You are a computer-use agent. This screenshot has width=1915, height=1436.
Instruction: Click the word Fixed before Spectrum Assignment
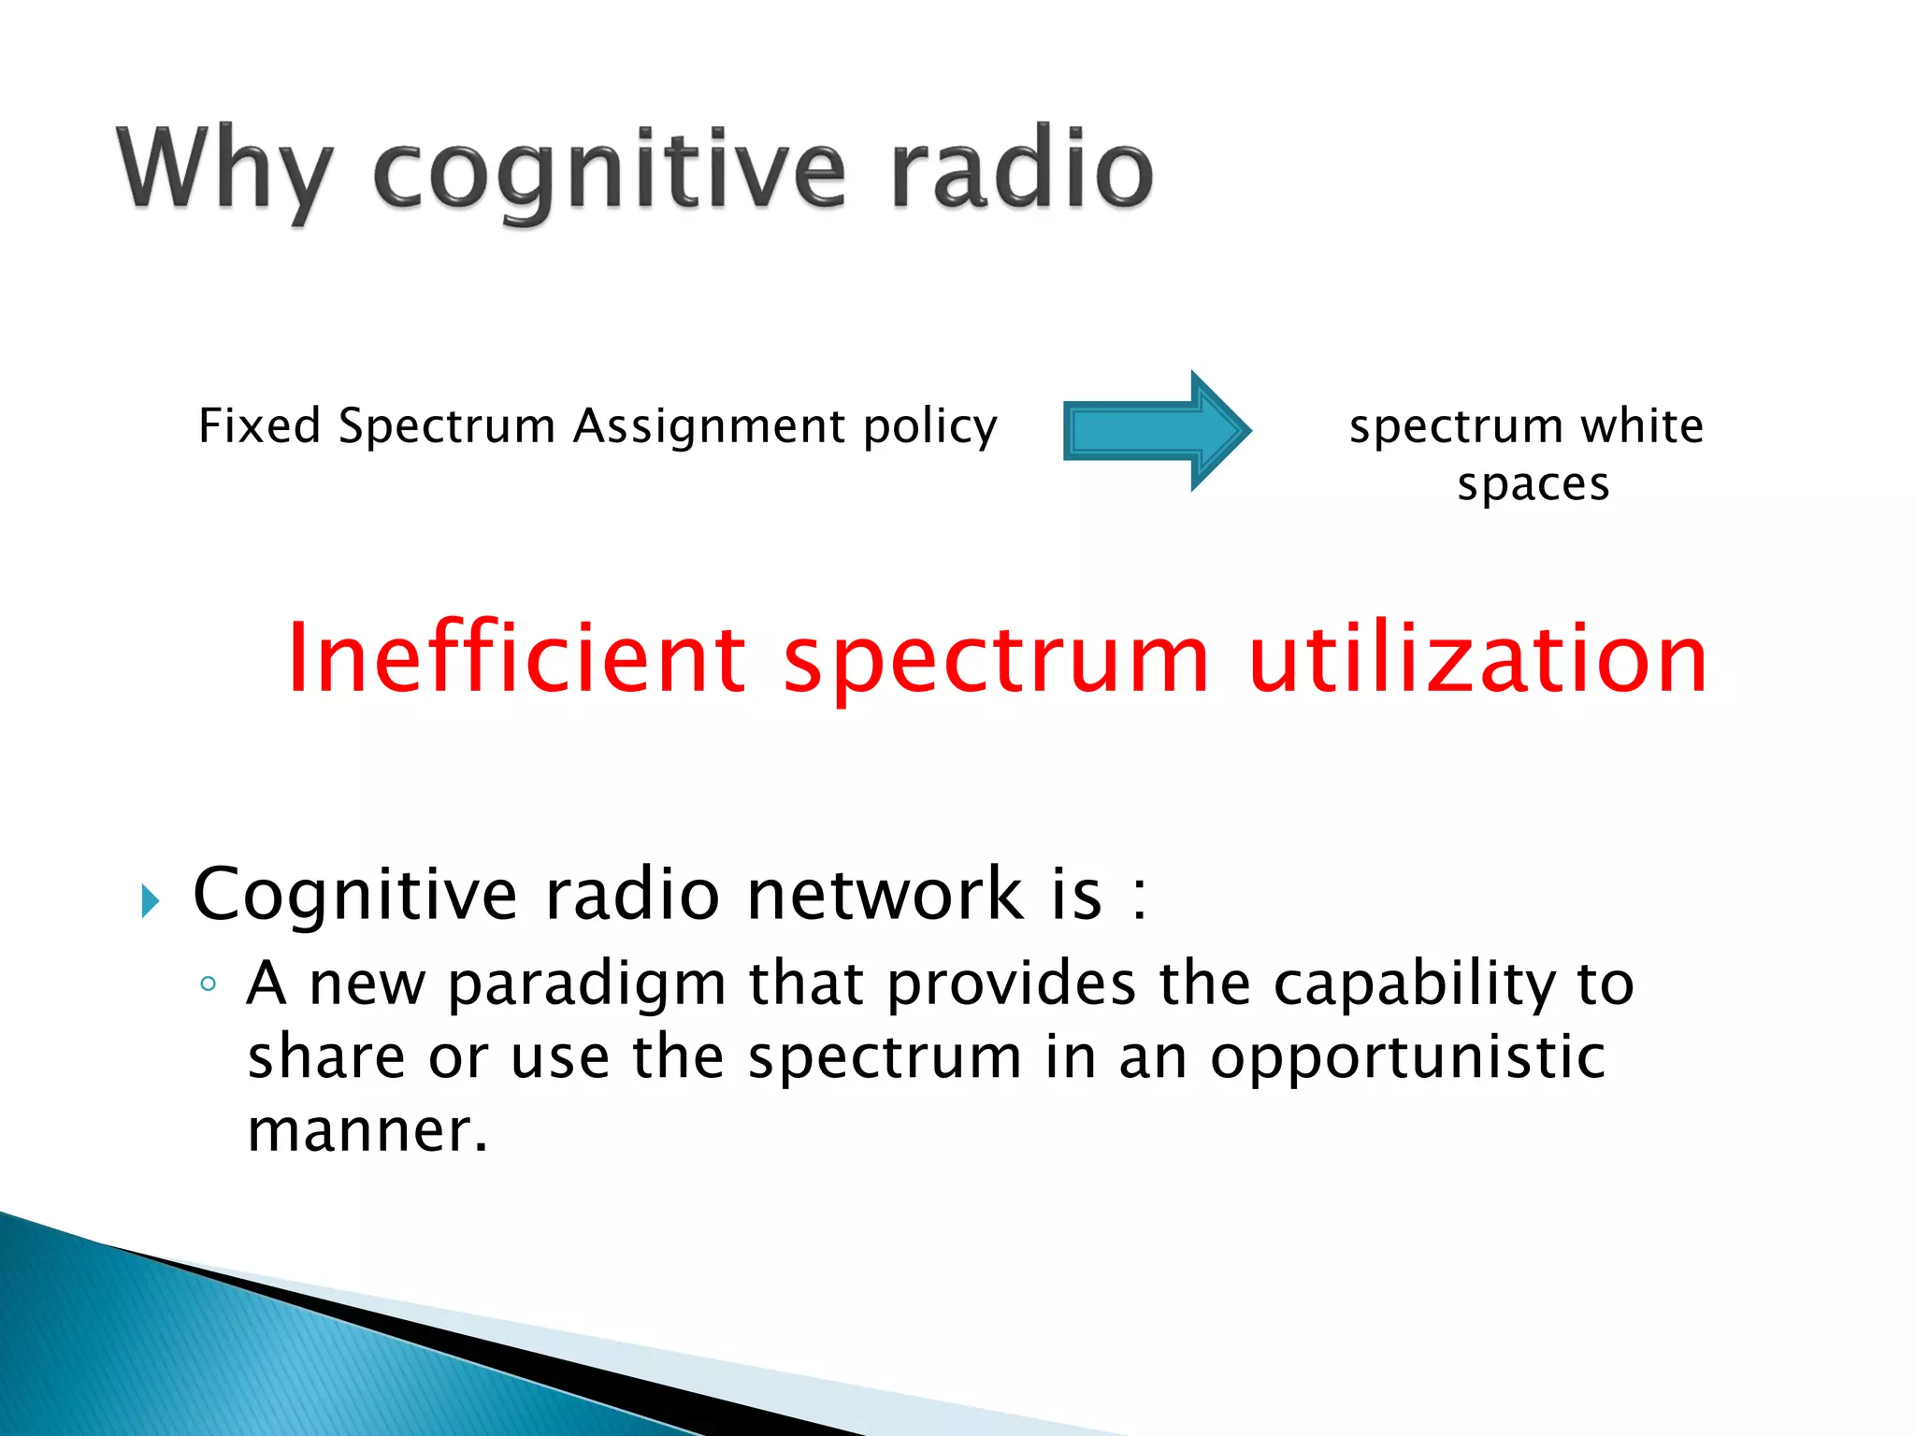point(260,426)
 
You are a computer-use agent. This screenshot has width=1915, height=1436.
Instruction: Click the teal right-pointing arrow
point(1156,431)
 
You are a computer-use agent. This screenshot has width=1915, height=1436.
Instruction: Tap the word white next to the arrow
point(1642,426)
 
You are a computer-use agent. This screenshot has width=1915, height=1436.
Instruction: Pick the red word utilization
point(1477,659)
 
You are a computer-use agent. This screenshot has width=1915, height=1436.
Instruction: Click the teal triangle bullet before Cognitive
point(150,901)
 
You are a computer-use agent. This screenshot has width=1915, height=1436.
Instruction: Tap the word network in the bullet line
point(886,895)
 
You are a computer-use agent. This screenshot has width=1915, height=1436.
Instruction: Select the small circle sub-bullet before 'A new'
point(209,984)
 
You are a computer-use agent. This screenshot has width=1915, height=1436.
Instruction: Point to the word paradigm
point(586,984)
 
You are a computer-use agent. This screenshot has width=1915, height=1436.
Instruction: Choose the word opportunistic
point(1407,1058)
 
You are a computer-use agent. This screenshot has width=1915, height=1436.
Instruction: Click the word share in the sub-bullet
point(326,1056)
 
